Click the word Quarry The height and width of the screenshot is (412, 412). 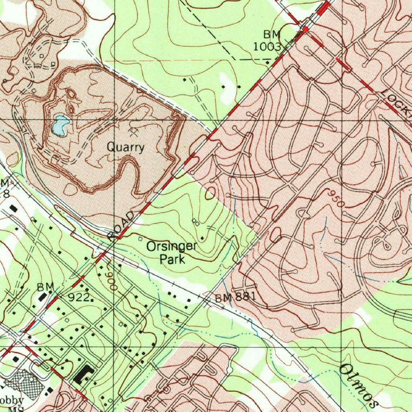coord(126,147)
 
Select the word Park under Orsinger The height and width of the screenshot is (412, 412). coord(172,259)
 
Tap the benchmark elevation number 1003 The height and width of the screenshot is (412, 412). coord(267,46)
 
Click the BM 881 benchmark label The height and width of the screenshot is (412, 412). coord(235,298)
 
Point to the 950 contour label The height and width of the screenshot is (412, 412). coord(336,200)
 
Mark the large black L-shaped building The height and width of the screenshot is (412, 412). coord(84,375)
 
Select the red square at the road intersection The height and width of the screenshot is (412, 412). coord(305,29)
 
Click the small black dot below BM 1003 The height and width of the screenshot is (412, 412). coord(268,62)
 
